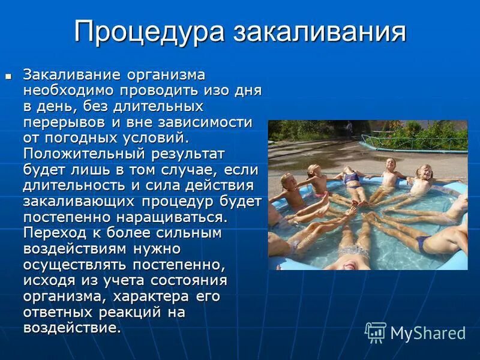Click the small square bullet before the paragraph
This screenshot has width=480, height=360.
click(8, 77)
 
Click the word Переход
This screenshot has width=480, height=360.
click(56, 231)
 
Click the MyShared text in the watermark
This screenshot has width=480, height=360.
click(428, 333)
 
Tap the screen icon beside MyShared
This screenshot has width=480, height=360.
click(376, 332)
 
